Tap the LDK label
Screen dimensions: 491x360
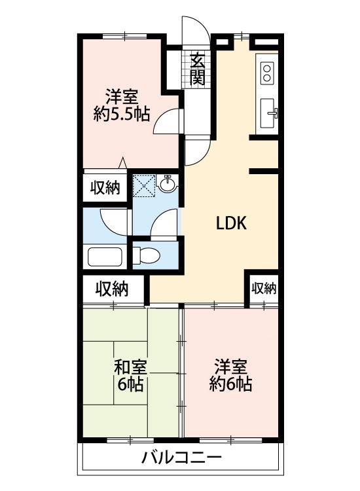tap(231, 223)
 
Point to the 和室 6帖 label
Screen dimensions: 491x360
tap(131, 375)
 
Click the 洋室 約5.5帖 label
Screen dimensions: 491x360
tap(122, 105)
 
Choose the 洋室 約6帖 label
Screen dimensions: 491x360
tap(230, 375)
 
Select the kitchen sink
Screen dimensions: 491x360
tap(268, 113)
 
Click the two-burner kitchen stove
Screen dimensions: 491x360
tap(267, 72)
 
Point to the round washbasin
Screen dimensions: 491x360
tap(168, 186)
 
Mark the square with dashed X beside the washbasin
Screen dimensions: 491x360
tap(144, 185)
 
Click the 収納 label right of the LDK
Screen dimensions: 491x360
tap(264, 288)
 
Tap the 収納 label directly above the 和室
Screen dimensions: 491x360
tap(112, 288)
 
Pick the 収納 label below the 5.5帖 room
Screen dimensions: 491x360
tap(105, 189)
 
